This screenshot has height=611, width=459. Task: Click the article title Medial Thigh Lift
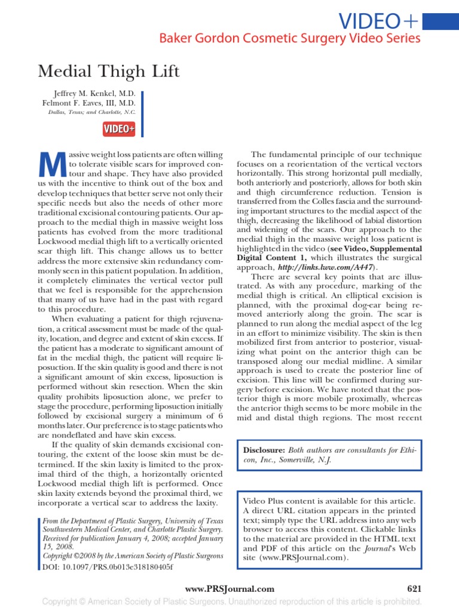(x=109, y=72)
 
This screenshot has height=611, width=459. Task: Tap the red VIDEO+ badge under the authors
(x=120, y=129)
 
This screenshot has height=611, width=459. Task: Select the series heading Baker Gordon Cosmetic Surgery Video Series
(x=289, y=39)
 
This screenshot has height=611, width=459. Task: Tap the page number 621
(x=414, y=589)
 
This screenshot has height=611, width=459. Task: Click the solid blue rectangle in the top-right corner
(x=441, y=22)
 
